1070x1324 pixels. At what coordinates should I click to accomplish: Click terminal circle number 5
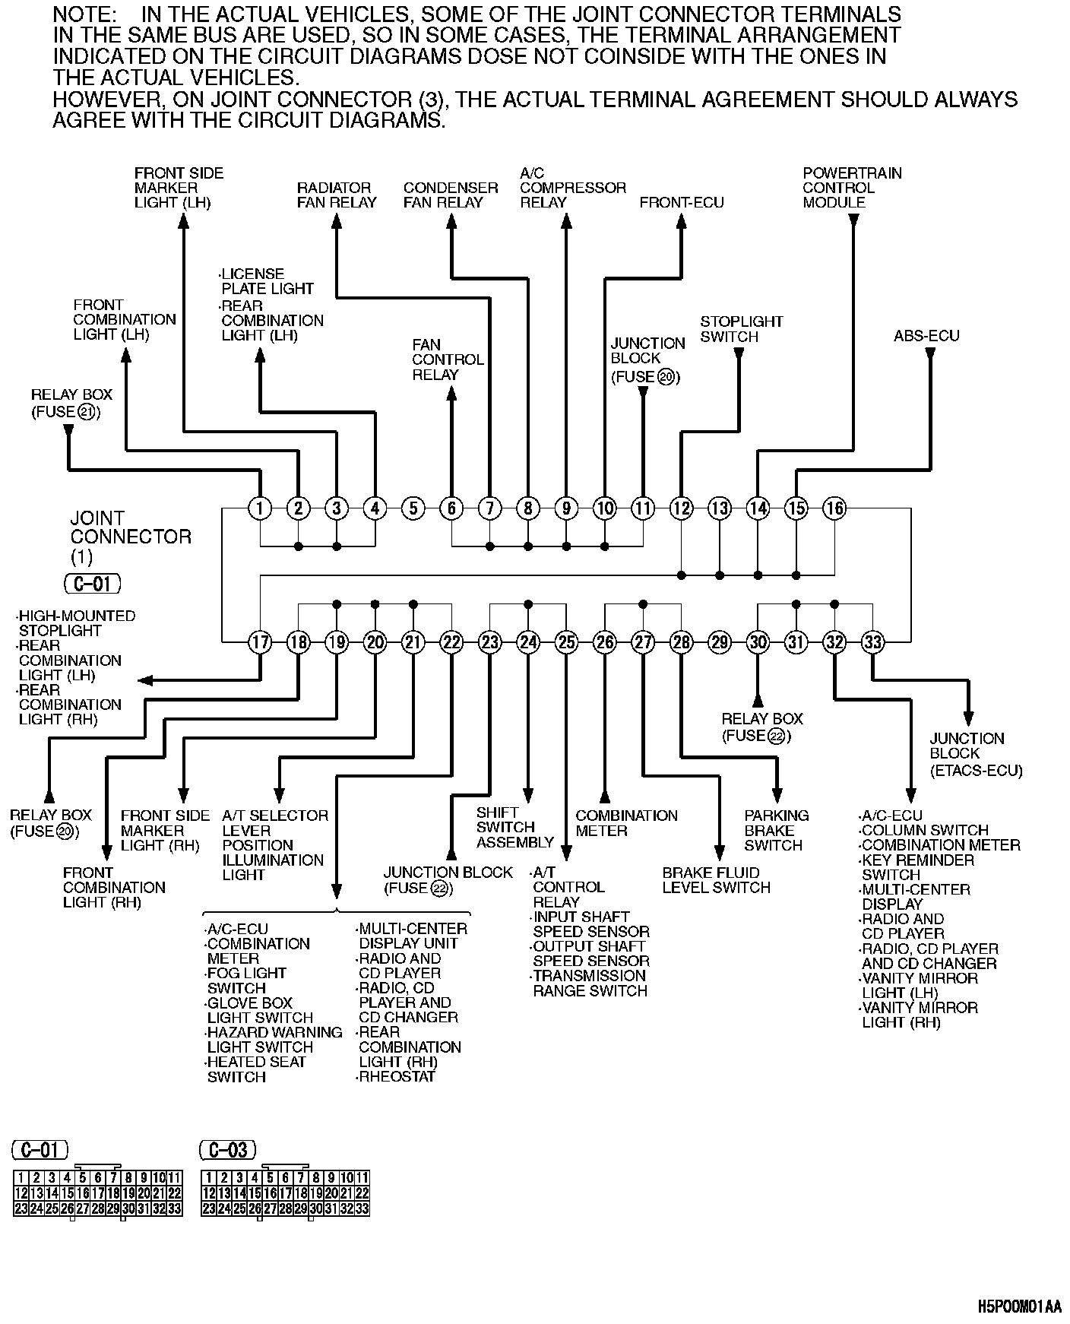[x=413, y=508]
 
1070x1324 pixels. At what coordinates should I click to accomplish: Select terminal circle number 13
[x=719, y=508]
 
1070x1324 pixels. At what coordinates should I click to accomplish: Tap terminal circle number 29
[x=719, y=642]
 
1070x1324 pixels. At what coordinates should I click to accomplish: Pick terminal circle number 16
[x=834, y=508]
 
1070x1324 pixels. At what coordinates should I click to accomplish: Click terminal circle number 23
[x=489, y=642]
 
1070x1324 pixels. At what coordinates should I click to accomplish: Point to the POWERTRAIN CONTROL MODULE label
[x=852, y=188]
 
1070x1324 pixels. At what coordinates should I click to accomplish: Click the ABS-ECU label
[x=926, y=336]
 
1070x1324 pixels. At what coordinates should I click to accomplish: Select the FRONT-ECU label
[x=682, y=202]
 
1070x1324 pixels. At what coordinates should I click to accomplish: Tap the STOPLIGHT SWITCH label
[x=741, y=329]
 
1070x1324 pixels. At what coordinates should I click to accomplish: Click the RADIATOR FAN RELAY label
[x=337, y=195]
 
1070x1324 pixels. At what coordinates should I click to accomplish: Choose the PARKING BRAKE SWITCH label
[x=776, y=830]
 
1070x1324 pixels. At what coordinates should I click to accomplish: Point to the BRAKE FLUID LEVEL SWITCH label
[x=716, y=880]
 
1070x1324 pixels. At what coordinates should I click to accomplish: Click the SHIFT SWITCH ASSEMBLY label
[x=514, y=827]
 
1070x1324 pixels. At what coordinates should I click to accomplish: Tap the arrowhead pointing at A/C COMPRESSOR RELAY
[x=565, y=221]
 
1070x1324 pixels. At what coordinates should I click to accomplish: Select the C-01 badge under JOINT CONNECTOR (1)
[x=93, y=584]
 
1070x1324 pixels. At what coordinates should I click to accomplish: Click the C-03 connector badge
[x=227, y=1150]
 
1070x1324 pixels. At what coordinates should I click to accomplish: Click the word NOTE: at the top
[x=84, y=14]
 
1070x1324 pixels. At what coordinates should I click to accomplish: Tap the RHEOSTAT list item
[x=397, y=1077]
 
